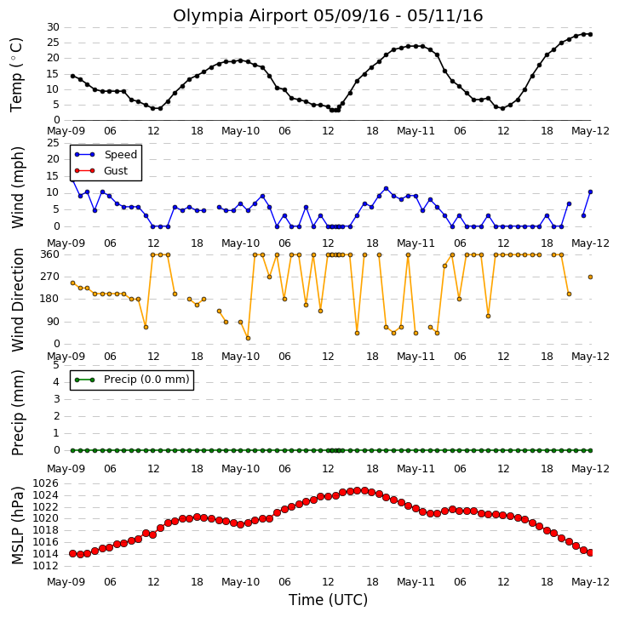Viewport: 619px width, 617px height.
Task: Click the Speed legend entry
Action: [106, 155]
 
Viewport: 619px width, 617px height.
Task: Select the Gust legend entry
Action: [101, 171]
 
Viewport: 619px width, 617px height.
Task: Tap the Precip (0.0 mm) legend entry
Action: [132, 380]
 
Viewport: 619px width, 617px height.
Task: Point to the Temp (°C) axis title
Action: [16, 75]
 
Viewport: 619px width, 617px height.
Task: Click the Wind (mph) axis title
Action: [17, 187]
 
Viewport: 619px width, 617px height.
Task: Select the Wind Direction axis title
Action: [17, 300]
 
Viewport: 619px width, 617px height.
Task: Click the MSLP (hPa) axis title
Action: [17, 525]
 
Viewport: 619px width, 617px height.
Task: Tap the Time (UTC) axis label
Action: [328, 600]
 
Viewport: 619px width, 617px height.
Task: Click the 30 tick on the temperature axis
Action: [53, 27]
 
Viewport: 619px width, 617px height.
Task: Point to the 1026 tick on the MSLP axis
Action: [45, 483]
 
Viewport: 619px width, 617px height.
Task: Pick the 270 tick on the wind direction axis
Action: [49, 277]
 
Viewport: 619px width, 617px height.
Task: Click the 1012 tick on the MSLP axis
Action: [45, 566]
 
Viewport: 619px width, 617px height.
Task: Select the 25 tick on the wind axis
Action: [53, 143]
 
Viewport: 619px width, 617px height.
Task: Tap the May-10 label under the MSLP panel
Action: [240, 582]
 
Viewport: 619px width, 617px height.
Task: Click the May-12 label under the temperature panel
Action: [591, 131]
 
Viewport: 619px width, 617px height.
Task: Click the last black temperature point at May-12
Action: [591, 34]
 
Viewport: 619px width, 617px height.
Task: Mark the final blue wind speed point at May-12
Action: [591, 192]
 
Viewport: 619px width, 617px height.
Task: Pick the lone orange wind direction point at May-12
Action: [591, 277]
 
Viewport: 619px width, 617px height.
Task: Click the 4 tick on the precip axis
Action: [56, 382]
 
